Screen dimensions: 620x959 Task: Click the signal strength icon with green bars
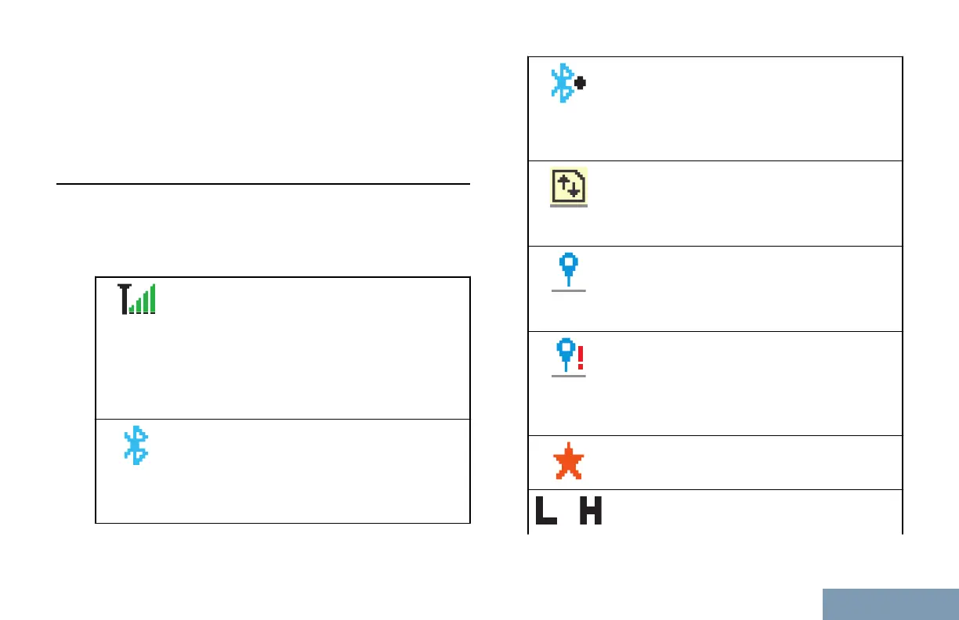pos(137,299)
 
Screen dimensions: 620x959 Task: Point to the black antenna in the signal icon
pos(124,299)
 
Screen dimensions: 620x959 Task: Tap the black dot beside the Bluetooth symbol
pos(581,82)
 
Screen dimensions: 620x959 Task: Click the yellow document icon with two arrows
pos(569,186)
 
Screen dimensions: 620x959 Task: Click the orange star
pos(569,463)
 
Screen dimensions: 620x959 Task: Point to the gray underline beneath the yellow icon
pos(569,207)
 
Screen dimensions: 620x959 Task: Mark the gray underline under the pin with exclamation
pos(569,376)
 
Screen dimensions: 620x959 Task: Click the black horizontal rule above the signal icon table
pos(263,185)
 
